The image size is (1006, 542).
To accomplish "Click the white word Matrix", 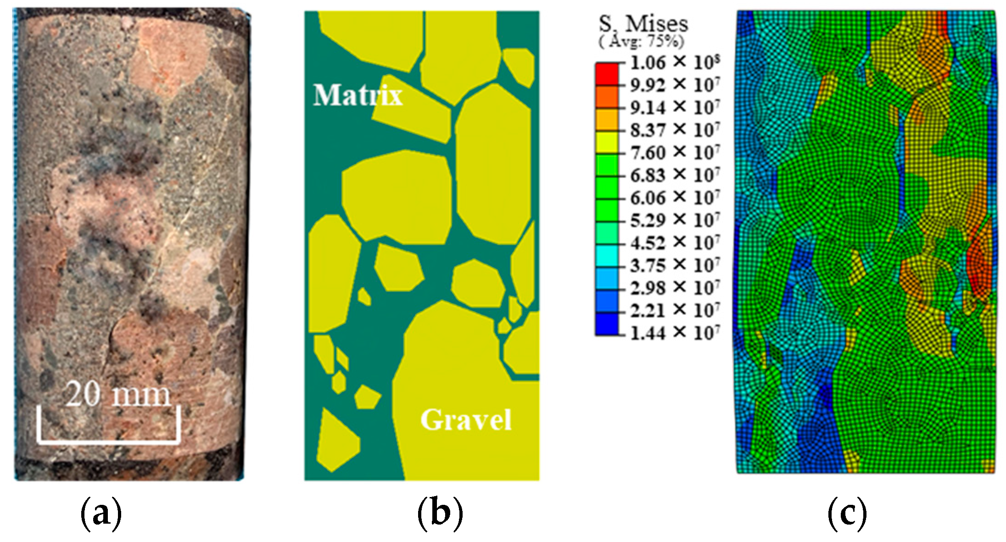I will pos(358,95).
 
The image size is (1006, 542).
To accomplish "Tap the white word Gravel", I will pos(466,419).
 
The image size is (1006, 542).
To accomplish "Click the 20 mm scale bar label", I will pos(118,394).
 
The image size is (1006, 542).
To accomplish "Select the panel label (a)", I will pos(101,514).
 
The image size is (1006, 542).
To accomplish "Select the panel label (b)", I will pos(440,514).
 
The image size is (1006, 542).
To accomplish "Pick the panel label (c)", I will pos(847,514).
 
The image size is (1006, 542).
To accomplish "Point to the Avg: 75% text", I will pos(642,42).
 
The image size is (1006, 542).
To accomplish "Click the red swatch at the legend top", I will pos(607,73).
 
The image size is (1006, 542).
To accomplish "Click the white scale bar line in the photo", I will pos(108,442).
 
